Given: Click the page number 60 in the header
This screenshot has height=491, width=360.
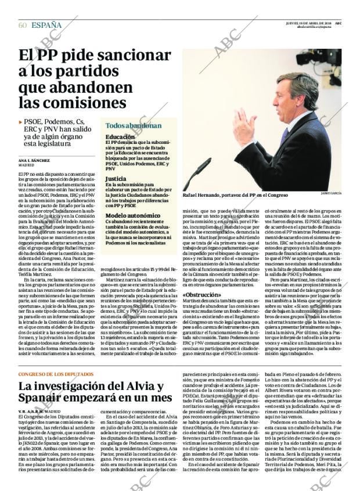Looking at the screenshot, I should (23, 25).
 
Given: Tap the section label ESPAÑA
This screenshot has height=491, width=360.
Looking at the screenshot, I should (46, 25).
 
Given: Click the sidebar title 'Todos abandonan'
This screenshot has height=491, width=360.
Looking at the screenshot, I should (134, 125).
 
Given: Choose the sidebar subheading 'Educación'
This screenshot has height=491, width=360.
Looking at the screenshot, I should (120, 137).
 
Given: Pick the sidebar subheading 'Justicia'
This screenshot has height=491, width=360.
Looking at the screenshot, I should (116, 179).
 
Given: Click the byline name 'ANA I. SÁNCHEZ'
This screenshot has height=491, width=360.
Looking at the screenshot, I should (34, 160).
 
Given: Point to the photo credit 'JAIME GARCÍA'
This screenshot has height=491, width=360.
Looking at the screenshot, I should (330, 193).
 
